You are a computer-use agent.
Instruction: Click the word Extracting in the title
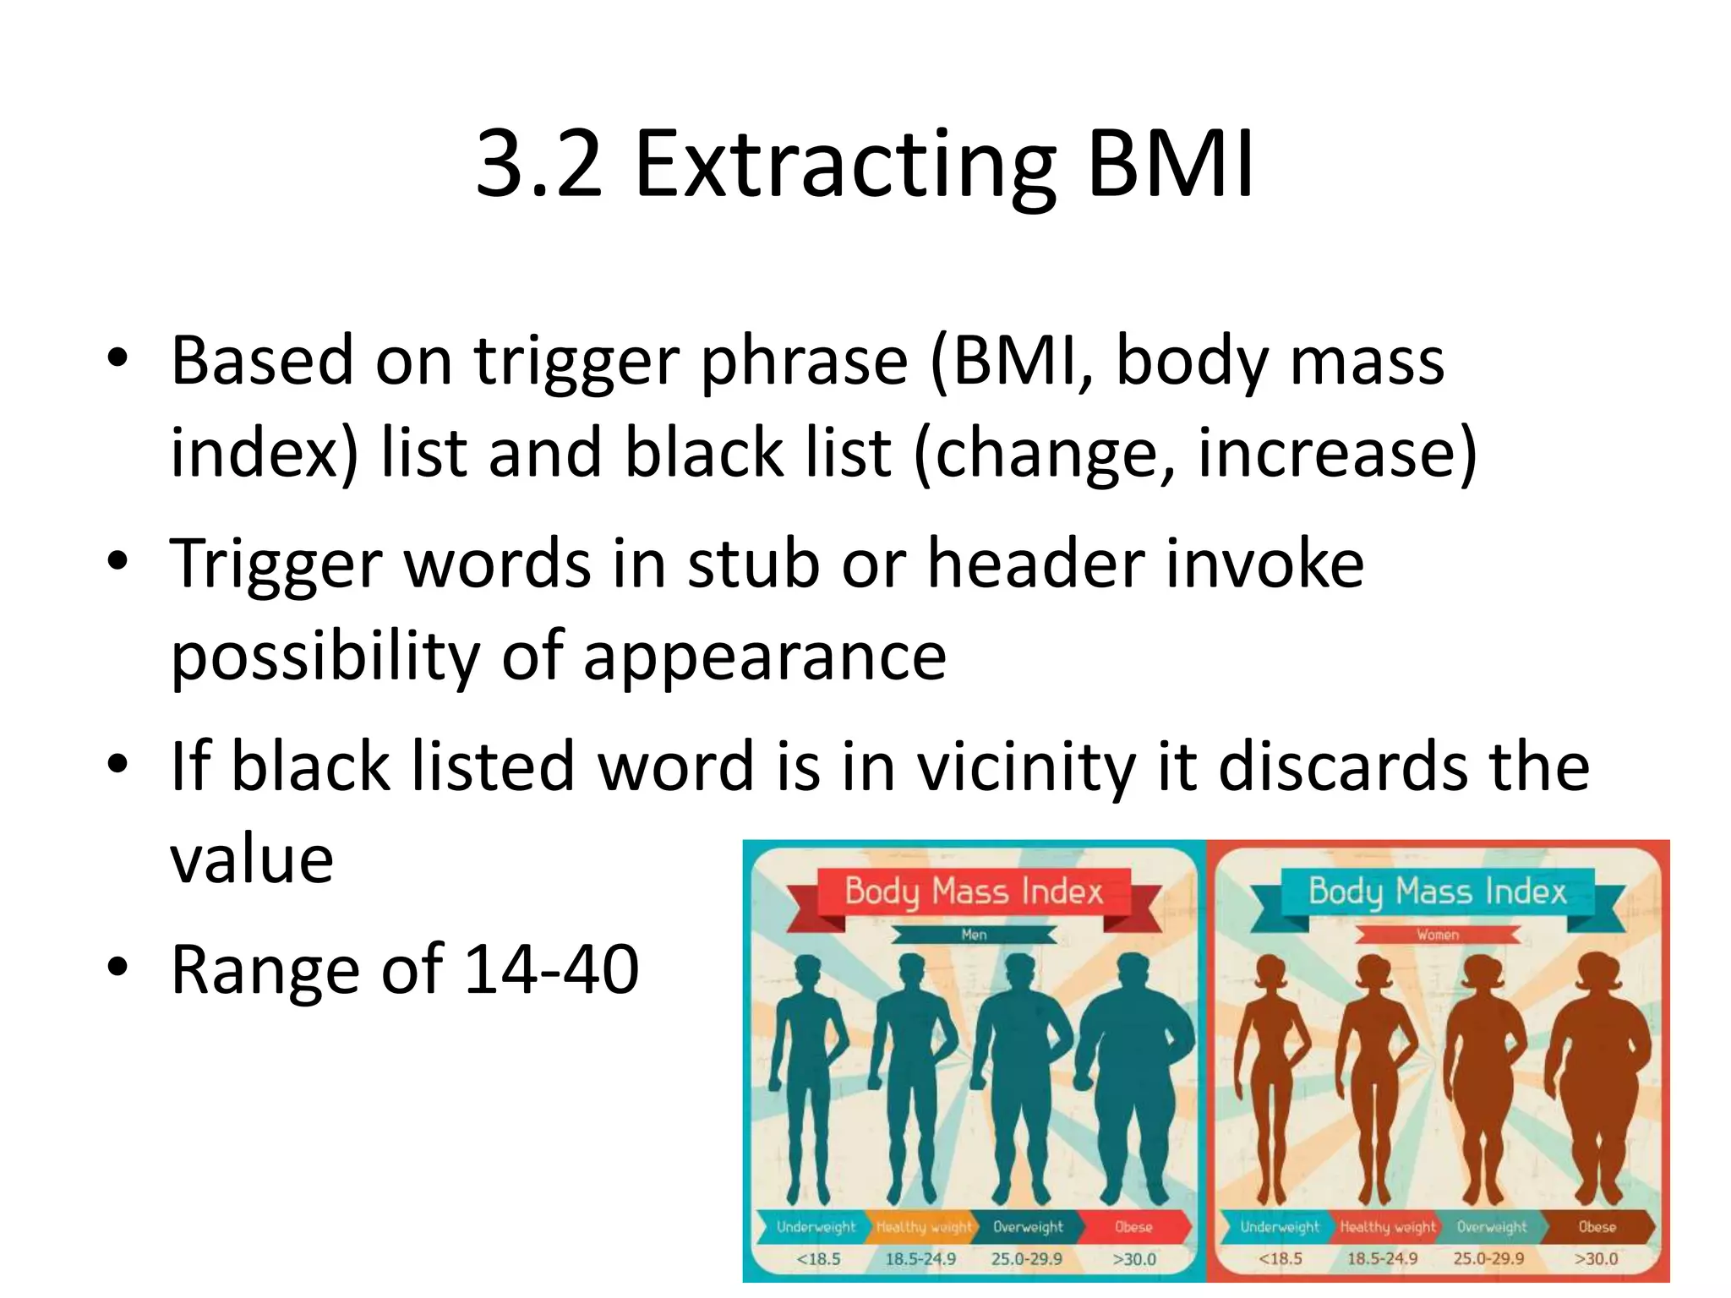(x=844, y=167)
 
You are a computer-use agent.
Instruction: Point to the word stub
(x=753, y=564)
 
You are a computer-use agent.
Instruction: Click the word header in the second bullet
(x=1035, y=564)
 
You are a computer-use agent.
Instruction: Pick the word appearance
(x=764, y=657)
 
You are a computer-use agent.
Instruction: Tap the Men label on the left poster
(x=974, y=935)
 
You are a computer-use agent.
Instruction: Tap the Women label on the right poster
(x=1438, y=935)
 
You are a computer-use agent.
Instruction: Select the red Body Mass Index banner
(x=974, y=892)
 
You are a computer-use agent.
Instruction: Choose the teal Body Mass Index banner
(x=1437, y=892)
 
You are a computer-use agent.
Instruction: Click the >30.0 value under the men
(x=1133, y=1259)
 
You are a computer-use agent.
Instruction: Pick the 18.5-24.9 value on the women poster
(x=1383, y=1259)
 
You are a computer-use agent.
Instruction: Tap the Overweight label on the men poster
(x=1028, y=1227)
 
